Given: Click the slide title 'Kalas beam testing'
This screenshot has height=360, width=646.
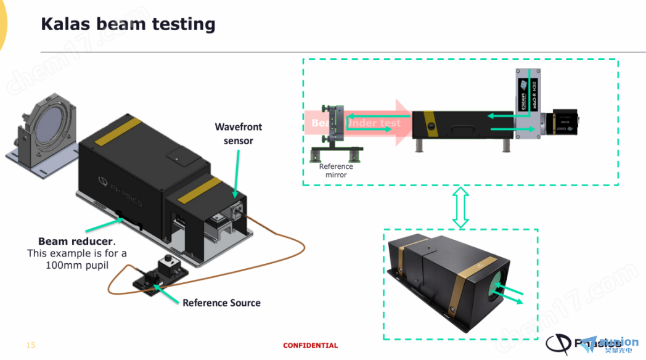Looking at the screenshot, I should coord(128,24).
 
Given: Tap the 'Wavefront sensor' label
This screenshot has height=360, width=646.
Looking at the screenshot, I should coord(238,133).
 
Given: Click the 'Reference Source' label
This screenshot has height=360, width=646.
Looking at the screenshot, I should coord(221,303).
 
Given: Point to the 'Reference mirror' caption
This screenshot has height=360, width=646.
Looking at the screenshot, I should coord(336,170).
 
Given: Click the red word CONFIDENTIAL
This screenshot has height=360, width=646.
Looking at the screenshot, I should coord(310,345).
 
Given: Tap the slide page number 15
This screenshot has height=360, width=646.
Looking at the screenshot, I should coord(31,345).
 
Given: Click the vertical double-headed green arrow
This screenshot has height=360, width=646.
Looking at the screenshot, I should coord(460,207).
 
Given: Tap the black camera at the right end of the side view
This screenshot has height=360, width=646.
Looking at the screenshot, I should coord(566,122).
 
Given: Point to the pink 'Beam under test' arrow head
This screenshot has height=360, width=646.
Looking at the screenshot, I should coord(403,122).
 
